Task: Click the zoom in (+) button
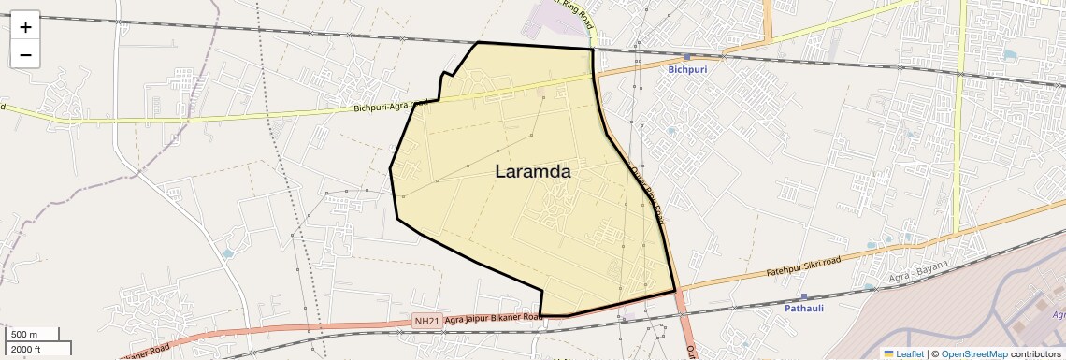(25, 27)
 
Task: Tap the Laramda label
(532, 172)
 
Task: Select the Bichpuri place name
(687, 70)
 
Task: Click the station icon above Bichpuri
(687, 57)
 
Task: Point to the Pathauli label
(804, 308)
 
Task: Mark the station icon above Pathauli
(804, 296)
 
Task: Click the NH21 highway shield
(426, 321)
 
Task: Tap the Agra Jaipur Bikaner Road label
(494, 318)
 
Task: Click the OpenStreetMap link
(973, 353)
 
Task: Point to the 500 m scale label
(24, 335)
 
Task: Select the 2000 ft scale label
(26, 349)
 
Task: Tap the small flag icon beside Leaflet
(889, 353)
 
